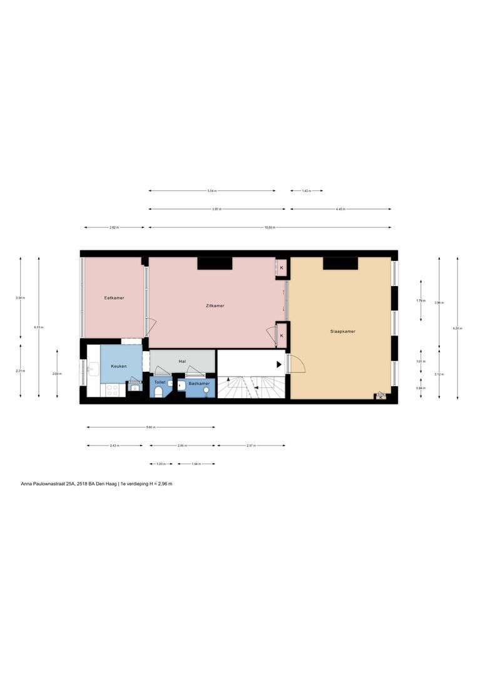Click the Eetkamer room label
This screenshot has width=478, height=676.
114,298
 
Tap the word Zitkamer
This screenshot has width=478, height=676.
215,305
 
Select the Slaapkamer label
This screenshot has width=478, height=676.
343,331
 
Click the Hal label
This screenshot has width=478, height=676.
182,361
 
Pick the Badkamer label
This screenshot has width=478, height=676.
199,382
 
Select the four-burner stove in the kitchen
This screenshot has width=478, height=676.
113,389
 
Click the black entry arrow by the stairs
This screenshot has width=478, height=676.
279,364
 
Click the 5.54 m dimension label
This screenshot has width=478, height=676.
212,191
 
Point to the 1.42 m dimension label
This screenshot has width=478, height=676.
307,191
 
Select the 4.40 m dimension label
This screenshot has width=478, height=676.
339,209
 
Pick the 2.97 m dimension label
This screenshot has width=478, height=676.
250,446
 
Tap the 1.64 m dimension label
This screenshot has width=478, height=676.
196,464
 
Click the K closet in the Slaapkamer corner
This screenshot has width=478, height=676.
380,397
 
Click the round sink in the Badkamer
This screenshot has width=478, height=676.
207,391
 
